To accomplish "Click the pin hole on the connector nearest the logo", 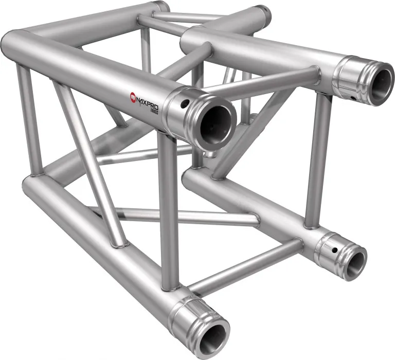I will coord(183,105).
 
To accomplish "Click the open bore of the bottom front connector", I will coord(212,339).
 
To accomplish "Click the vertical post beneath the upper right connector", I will coord(315,159).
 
